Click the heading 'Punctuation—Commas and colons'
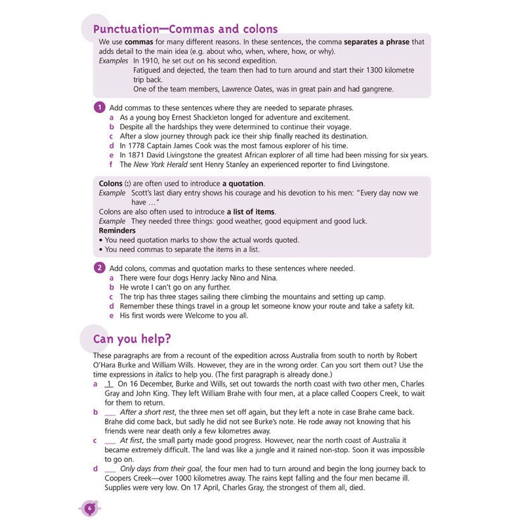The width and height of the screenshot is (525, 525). click(186, 29)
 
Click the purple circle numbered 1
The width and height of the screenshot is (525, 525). click(99, 107)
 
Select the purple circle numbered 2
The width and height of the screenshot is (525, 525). click(99, 268)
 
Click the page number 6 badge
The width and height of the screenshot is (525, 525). click(90, 507)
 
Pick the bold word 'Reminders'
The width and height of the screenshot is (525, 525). click(117, 230)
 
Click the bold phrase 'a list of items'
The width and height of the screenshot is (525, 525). click(251, 211)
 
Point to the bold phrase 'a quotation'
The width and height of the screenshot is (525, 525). click(243, 183)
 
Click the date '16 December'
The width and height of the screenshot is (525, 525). click(156, 383)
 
